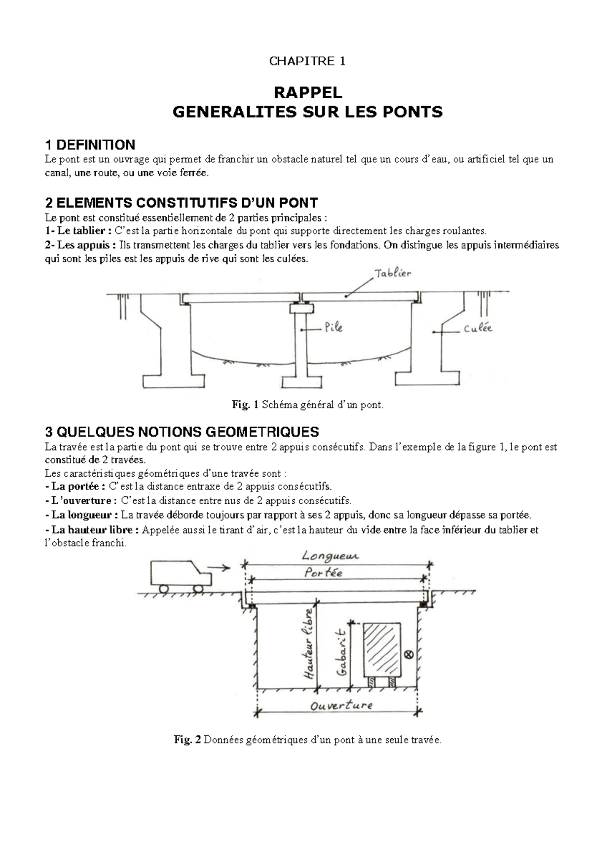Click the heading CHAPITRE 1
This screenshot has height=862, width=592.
coord(307,61)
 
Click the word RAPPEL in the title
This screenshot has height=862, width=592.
coord(307,92)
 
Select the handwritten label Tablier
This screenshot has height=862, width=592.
coord(393,273)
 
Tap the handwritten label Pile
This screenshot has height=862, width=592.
coord(333,327)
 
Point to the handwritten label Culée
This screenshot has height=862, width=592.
coord(478,328)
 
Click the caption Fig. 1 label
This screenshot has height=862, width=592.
coord(245,405)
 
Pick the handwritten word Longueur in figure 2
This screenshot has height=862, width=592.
coord(331,556)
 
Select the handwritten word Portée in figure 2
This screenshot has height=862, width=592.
coord(324,573)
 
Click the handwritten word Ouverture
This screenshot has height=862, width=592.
coord(341,706)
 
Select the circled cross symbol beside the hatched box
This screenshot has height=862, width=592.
coord(408,655)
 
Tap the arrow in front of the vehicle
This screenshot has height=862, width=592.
coord(220,568)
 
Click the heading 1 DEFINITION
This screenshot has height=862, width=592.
coord(90,145)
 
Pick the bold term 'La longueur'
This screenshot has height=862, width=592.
coord(81,515)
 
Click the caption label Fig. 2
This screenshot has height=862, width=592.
coord(187,740)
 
